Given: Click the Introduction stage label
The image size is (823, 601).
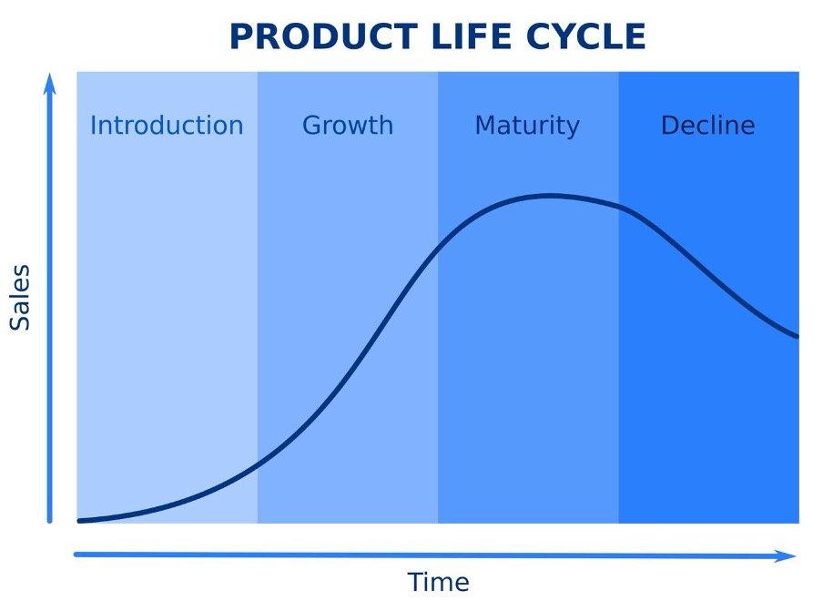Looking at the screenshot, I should click(x=167, y=125).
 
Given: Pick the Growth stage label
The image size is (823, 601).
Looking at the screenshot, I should click(x=348, y=125).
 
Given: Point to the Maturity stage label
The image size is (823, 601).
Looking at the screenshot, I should click(x=527, y=125).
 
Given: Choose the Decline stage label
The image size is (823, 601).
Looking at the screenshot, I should click(x=707, y=125).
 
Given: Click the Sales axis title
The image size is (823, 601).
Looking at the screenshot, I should click(x=20, y=298).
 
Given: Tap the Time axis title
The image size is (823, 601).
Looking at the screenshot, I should click(x=438, y=582).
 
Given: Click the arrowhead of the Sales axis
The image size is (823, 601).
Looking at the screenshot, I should click(x=50, y=84).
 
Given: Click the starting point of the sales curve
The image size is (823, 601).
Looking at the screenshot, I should click(x=80, y=521).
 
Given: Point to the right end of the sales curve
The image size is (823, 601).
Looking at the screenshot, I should click(x=798, y=337).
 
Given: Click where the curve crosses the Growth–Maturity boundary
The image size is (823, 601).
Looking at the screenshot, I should click(x=438, y=249).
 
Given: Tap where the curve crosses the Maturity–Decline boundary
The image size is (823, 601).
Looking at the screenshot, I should click(x=619, y=207).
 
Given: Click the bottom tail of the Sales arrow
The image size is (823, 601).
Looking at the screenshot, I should click(x=50, y=521).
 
